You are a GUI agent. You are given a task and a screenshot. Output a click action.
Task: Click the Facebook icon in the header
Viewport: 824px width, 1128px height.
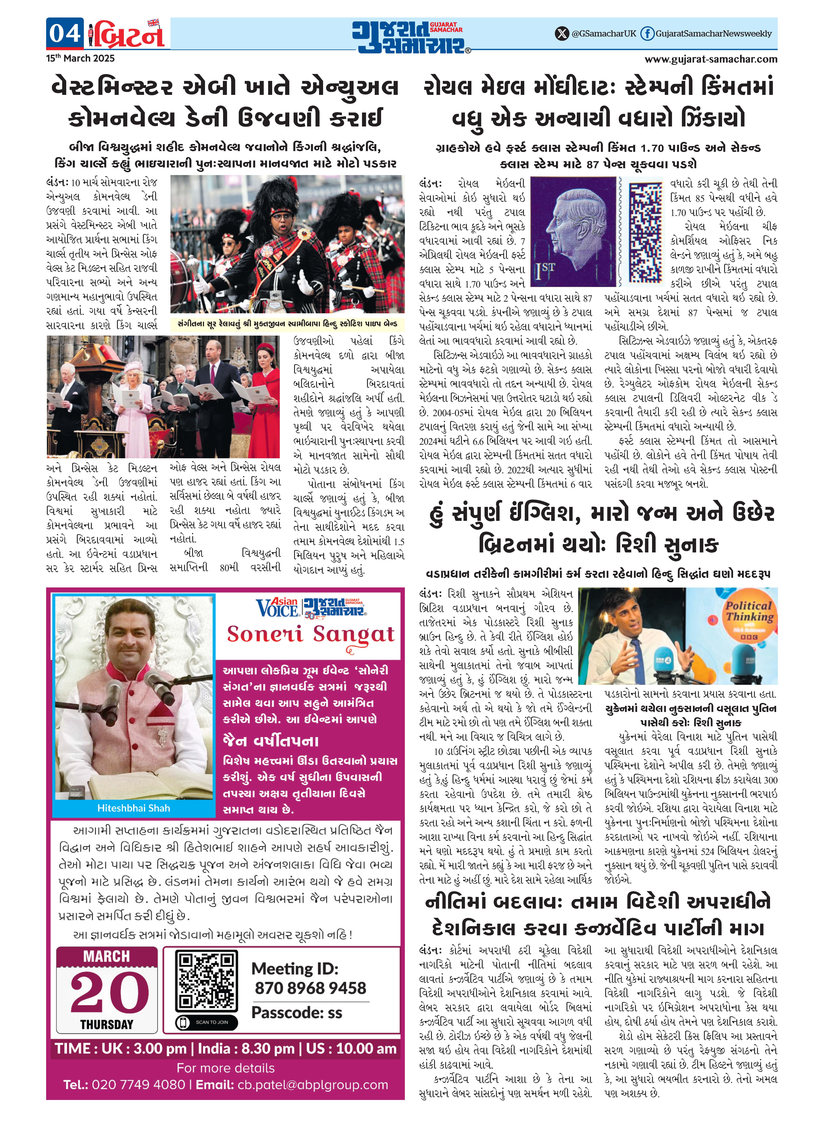[x=647, y=33]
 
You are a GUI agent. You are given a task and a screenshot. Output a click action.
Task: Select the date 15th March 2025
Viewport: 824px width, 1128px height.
[x=80, y=58]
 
